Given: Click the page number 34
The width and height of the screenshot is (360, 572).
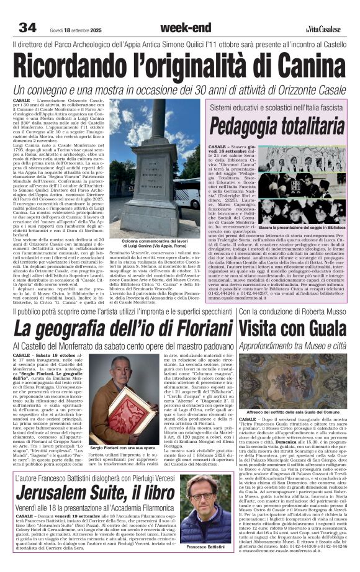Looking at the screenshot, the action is (x=27, y=27).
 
